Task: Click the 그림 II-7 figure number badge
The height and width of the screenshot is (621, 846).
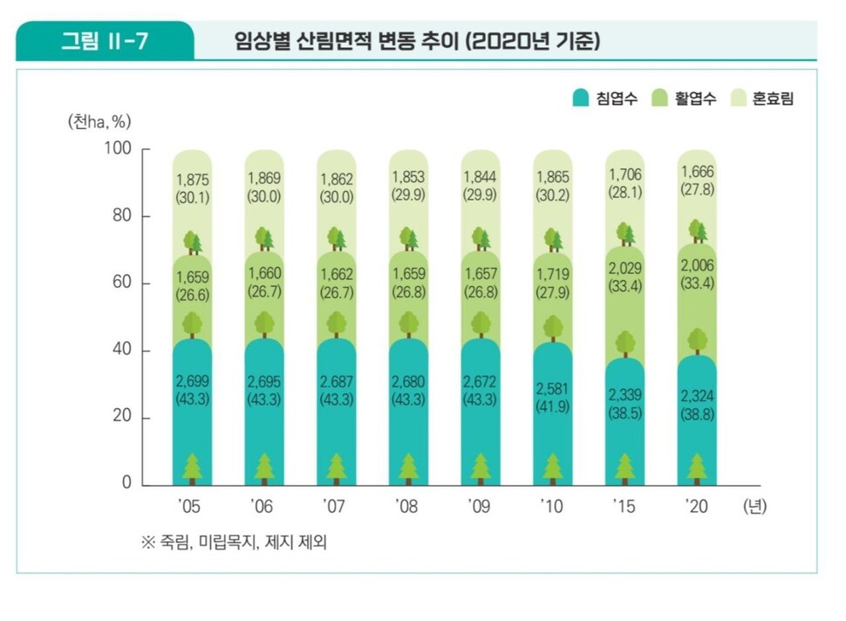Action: click(104, 42)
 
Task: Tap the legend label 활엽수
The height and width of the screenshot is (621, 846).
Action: click(695, 99)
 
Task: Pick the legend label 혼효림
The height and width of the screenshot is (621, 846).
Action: click(773, 99)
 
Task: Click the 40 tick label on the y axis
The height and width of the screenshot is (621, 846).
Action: click(122, 351)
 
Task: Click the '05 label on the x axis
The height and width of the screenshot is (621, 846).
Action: click(191, 505)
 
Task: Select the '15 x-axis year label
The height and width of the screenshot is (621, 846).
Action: click(624, 505)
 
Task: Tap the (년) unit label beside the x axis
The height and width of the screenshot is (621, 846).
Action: click(754, 505)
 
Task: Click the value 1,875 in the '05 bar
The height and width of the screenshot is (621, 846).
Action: click(192, 180)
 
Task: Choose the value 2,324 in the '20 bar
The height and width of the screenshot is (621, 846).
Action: click(696, 398)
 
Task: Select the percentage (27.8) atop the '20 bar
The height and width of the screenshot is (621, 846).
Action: click(696, 188)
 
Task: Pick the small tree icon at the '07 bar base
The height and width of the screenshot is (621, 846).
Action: click(337, 469)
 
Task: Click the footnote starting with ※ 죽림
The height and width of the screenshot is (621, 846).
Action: click(234, 542)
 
